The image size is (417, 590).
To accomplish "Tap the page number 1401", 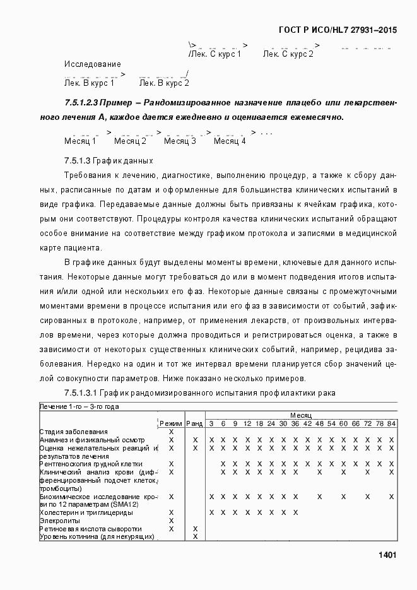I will (387, 555).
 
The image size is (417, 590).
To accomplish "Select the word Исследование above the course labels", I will (92, 64).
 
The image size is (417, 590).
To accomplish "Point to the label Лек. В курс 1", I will (89, 83).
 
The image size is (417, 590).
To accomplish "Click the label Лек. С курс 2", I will (288, 55).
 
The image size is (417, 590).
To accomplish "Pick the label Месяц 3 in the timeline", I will (180, 141).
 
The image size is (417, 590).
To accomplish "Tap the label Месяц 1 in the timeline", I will (80, 141).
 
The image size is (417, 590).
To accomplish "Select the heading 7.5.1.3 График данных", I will (109, 160).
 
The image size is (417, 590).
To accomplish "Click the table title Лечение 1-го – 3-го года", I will (79, 407).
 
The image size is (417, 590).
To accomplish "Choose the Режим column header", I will (171, 423).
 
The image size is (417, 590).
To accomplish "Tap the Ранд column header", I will (195, 423).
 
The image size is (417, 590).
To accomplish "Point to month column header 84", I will (391, 423).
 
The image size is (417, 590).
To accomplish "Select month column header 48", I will (320, 423).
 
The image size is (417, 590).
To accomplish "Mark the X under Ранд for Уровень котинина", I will (195, 537).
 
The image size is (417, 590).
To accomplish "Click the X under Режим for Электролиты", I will (171, 521).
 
